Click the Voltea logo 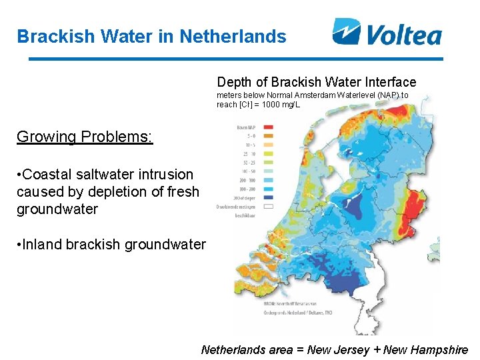[387, 31]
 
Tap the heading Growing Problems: [85, 137]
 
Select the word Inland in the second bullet [43, 245]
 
